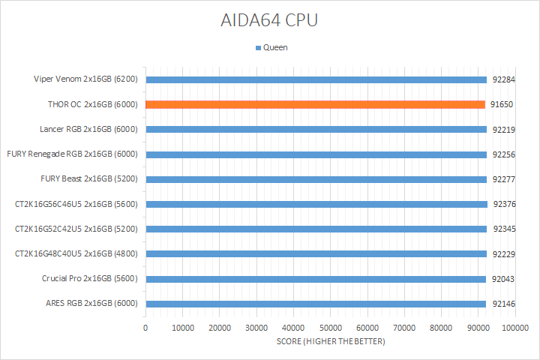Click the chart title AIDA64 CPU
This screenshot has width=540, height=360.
tap(269, 20)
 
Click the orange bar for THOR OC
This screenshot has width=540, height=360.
tap(315, 104)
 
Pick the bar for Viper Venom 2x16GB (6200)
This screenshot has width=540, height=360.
tap(316, 79)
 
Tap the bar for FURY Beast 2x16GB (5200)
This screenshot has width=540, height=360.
tap(316, 179)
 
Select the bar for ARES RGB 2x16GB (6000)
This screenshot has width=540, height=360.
tap(316, 304)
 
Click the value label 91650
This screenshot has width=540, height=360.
tap(501, 104)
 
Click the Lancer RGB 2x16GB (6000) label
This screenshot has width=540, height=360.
tap(88, 129)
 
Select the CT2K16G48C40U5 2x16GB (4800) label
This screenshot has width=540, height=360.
tap(76, 253)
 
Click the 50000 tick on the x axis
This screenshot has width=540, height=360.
tap(330, 328)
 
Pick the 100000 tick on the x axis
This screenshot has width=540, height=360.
tap(515, 328)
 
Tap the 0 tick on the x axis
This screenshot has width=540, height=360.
tap(145, 328)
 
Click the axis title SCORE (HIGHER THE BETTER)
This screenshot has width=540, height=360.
tap(330, 342)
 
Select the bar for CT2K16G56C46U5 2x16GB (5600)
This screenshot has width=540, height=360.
tap(316, 204)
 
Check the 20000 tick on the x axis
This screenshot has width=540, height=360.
tap(219, 328)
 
